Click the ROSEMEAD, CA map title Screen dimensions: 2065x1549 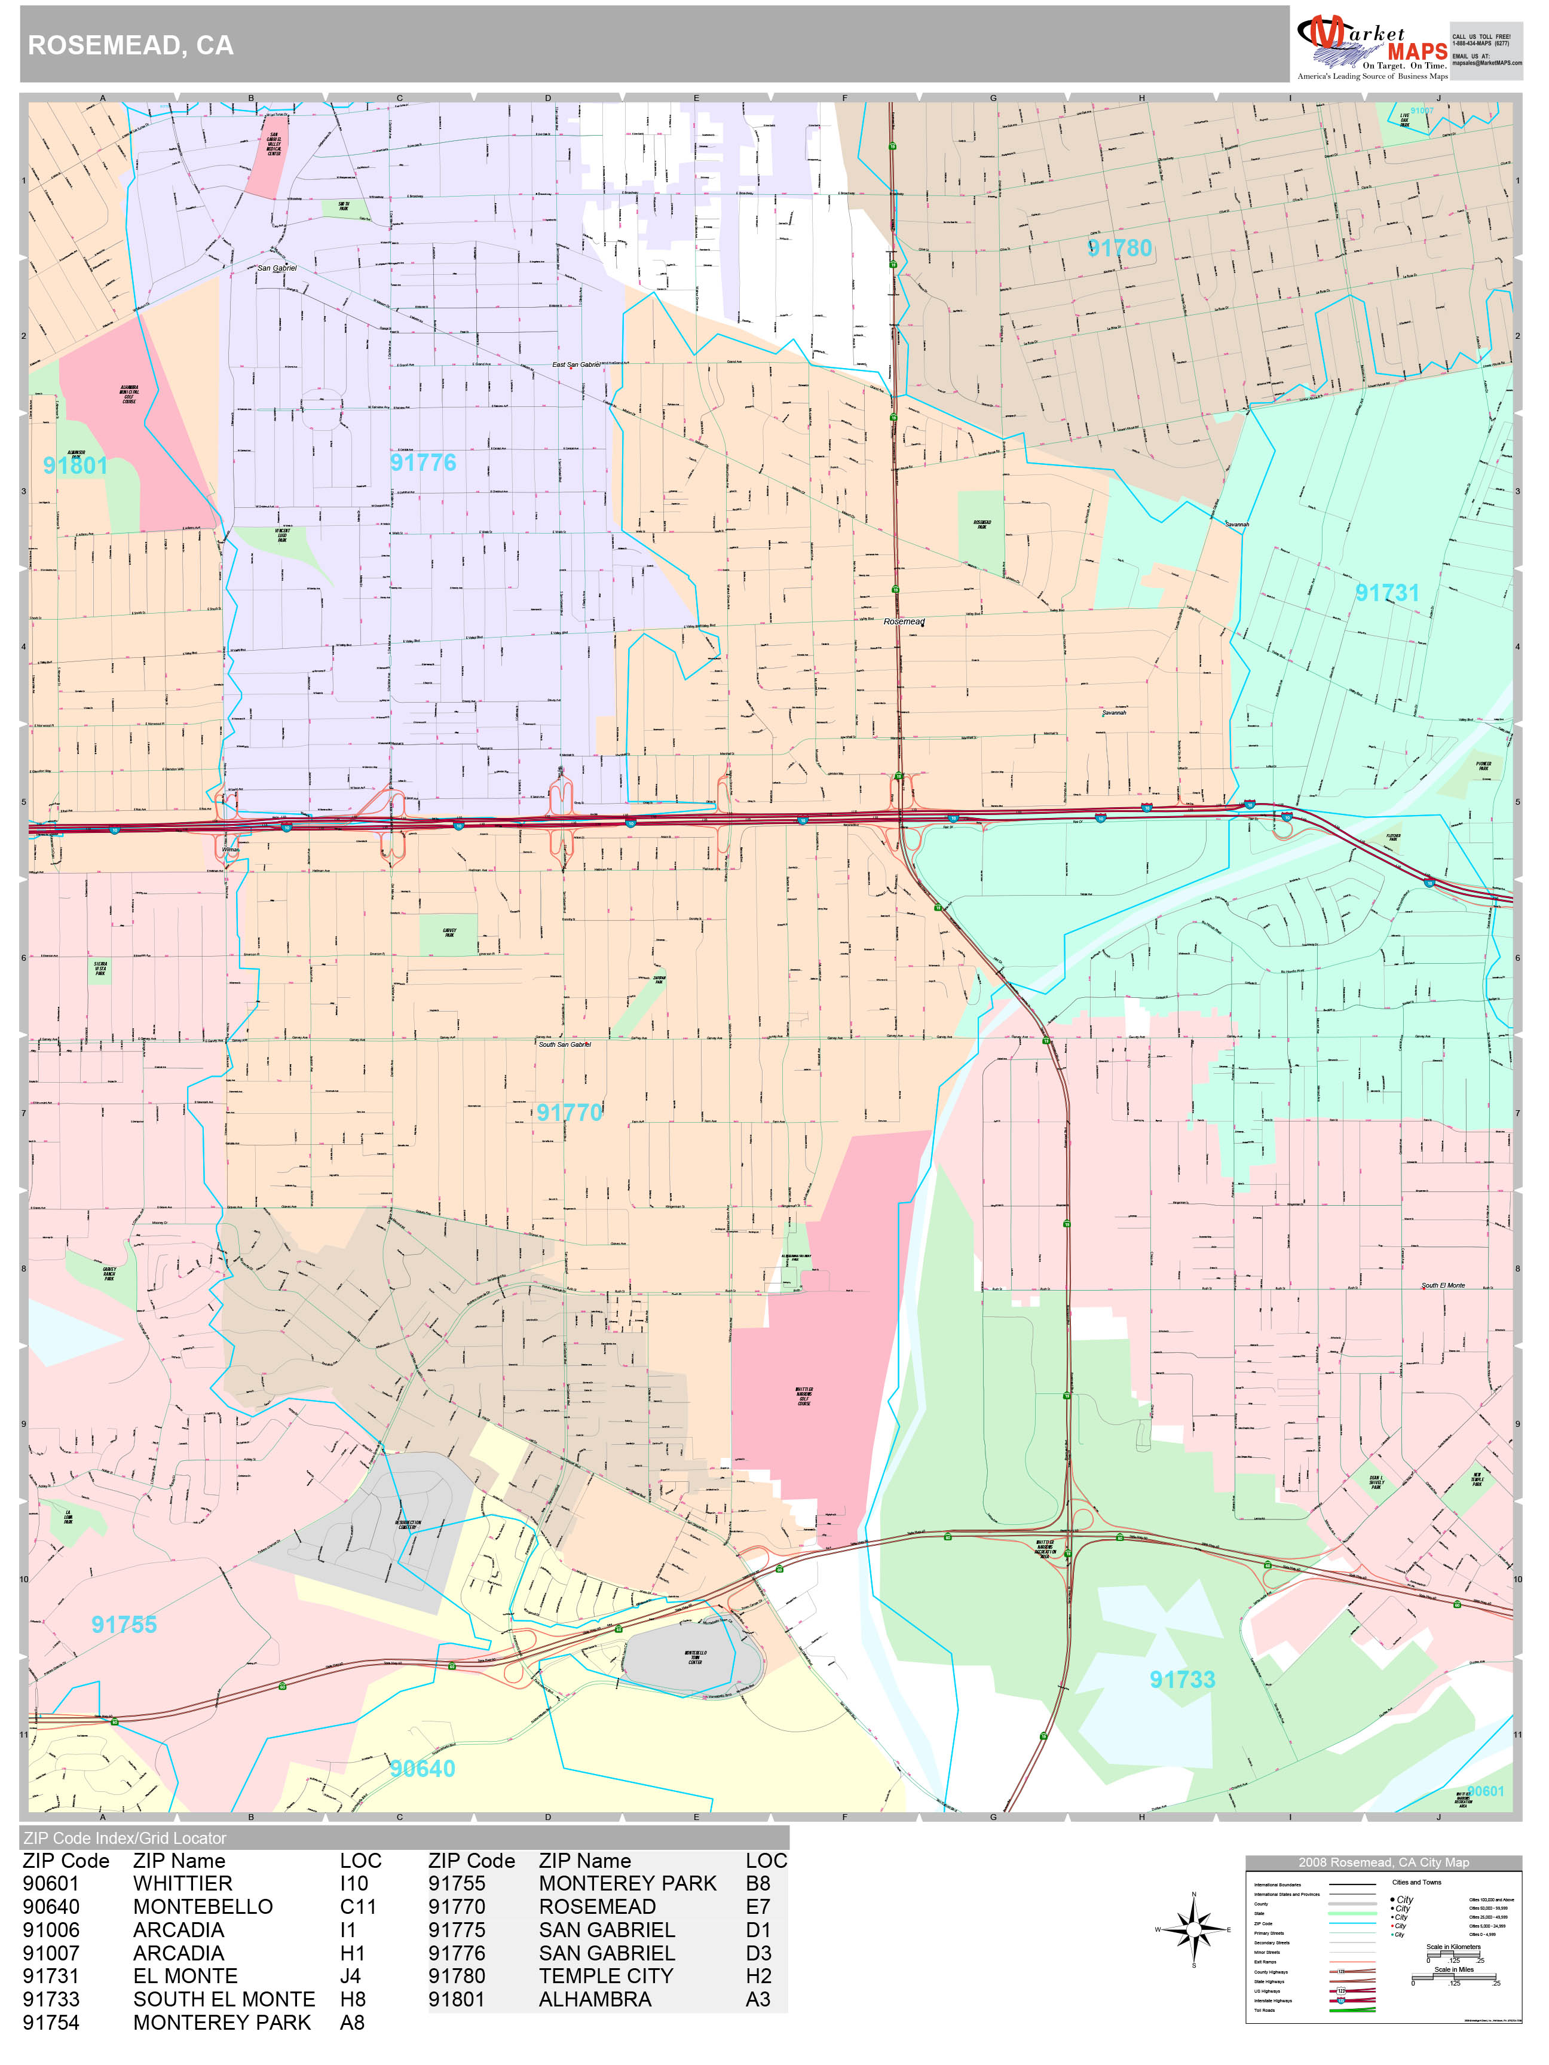pyautogui.click(x=131, y=46)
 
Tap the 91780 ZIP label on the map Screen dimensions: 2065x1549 pyautogui.click(x=1119, y=249)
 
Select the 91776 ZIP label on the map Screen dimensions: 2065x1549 pyautogui.click(x=423, y=463)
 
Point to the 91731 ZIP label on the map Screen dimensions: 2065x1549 pyautogui.click(x=1386, y=593)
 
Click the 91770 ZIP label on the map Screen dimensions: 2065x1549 pyautogui.click(x=568, y=1112)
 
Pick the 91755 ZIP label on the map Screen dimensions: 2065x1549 pyautogui.click(x=124, y=1625)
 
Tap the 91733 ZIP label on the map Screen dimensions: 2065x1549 pyautogui.click(x=1182, y=1680)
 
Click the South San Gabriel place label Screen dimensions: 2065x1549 pyautogui.click(x=564, y=1044)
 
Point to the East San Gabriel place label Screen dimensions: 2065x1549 pyautogui.click(x=576, y=365)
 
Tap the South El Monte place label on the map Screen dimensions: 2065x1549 pyautogui.click(x=1443, y=1285)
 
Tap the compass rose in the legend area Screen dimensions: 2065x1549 pyautogui.click(x=1193, y=1929)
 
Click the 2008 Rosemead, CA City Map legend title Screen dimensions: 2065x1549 pyautogui.click(x=1383, y=1862)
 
